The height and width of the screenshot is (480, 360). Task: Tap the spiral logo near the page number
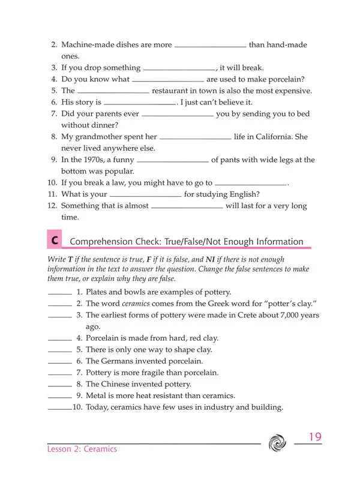278,442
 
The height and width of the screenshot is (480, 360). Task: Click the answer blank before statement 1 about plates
59,293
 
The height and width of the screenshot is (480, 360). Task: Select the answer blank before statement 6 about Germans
59,362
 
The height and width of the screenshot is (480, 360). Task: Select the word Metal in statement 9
97,396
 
